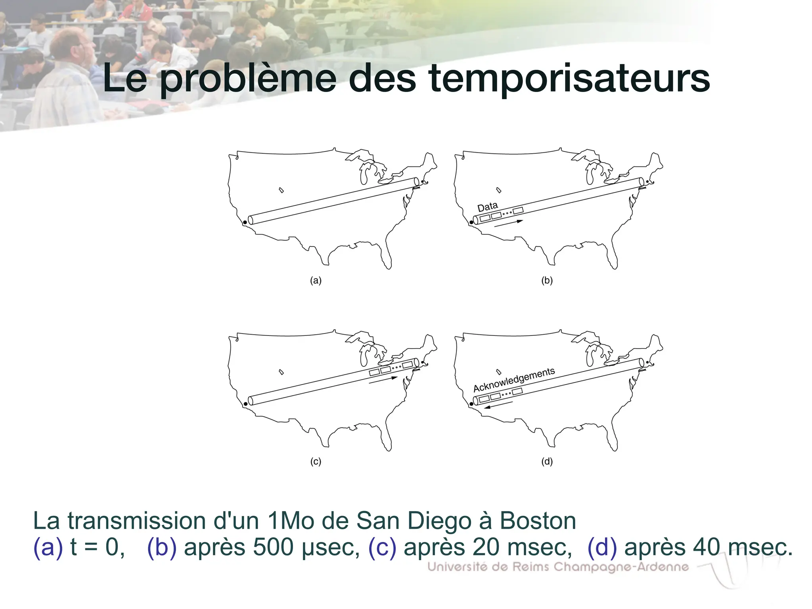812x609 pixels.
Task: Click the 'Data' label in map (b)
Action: tap(487, 207)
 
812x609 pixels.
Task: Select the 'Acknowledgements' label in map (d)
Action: tap(514, 379)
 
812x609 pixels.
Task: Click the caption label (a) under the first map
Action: tap(316, 281)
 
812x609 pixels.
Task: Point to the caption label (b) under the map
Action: tap(547, 281)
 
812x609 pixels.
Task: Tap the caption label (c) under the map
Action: tap(316, 462)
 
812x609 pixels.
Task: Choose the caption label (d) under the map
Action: tap(547, 462)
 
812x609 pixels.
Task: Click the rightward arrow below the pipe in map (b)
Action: tap(509, 224)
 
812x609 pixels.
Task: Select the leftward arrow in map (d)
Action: tap(499, 405)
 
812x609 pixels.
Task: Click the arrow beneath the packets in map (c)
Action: tap(383, 380)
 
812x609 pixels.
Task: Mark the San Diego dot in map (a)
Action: tap(245, 222)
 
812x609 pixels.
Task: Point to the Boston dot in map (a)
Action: tap(423, 182)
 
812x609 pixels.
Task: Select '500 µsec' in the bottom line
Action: tap(306, 547)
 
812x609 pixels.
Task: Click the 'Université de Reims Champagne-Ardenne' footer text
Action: tap(558, 567)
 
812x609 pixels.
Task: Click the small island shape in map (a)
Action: tap(282, 190)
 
